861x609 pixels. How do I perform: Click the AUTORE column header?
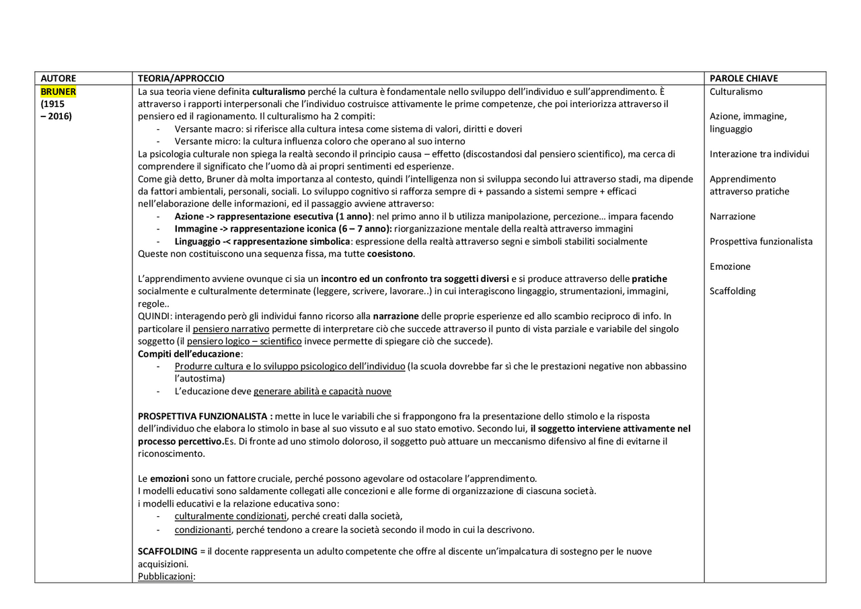[x=59, y=79]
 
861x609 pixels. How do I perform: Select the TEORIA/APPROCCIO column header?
[x=181, y=79]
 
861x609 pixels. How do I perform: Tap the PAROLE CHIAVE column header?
[x=743, y=79]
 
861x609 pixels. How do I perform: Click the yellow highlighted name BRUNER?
[x=59, y=92]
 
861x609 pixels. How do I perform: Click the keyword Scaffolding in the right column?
[x=733, y=291]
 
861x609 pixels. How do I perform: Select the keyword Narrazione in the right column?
[x=733, y=217]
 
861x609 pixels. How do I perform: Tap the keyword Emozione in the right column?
[x=730, y=266]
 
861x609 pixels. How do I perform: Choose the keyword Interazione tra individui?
[x=759, y=154]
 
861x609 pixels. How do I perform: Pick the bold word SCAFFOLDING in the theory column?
[x=167, y=552]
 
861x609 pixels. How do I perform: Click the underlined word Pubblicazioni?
[x=165, y=577]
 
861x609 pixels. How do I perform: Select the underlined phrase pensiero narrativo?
[x=231, y=329]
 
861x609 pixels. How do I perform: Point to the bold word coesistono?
[x=390, y=254]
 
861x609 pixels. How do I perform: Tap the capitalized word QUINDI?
[x=155, y=316]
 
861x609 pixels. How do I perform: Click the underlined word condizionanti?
[x=202, y=530]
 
